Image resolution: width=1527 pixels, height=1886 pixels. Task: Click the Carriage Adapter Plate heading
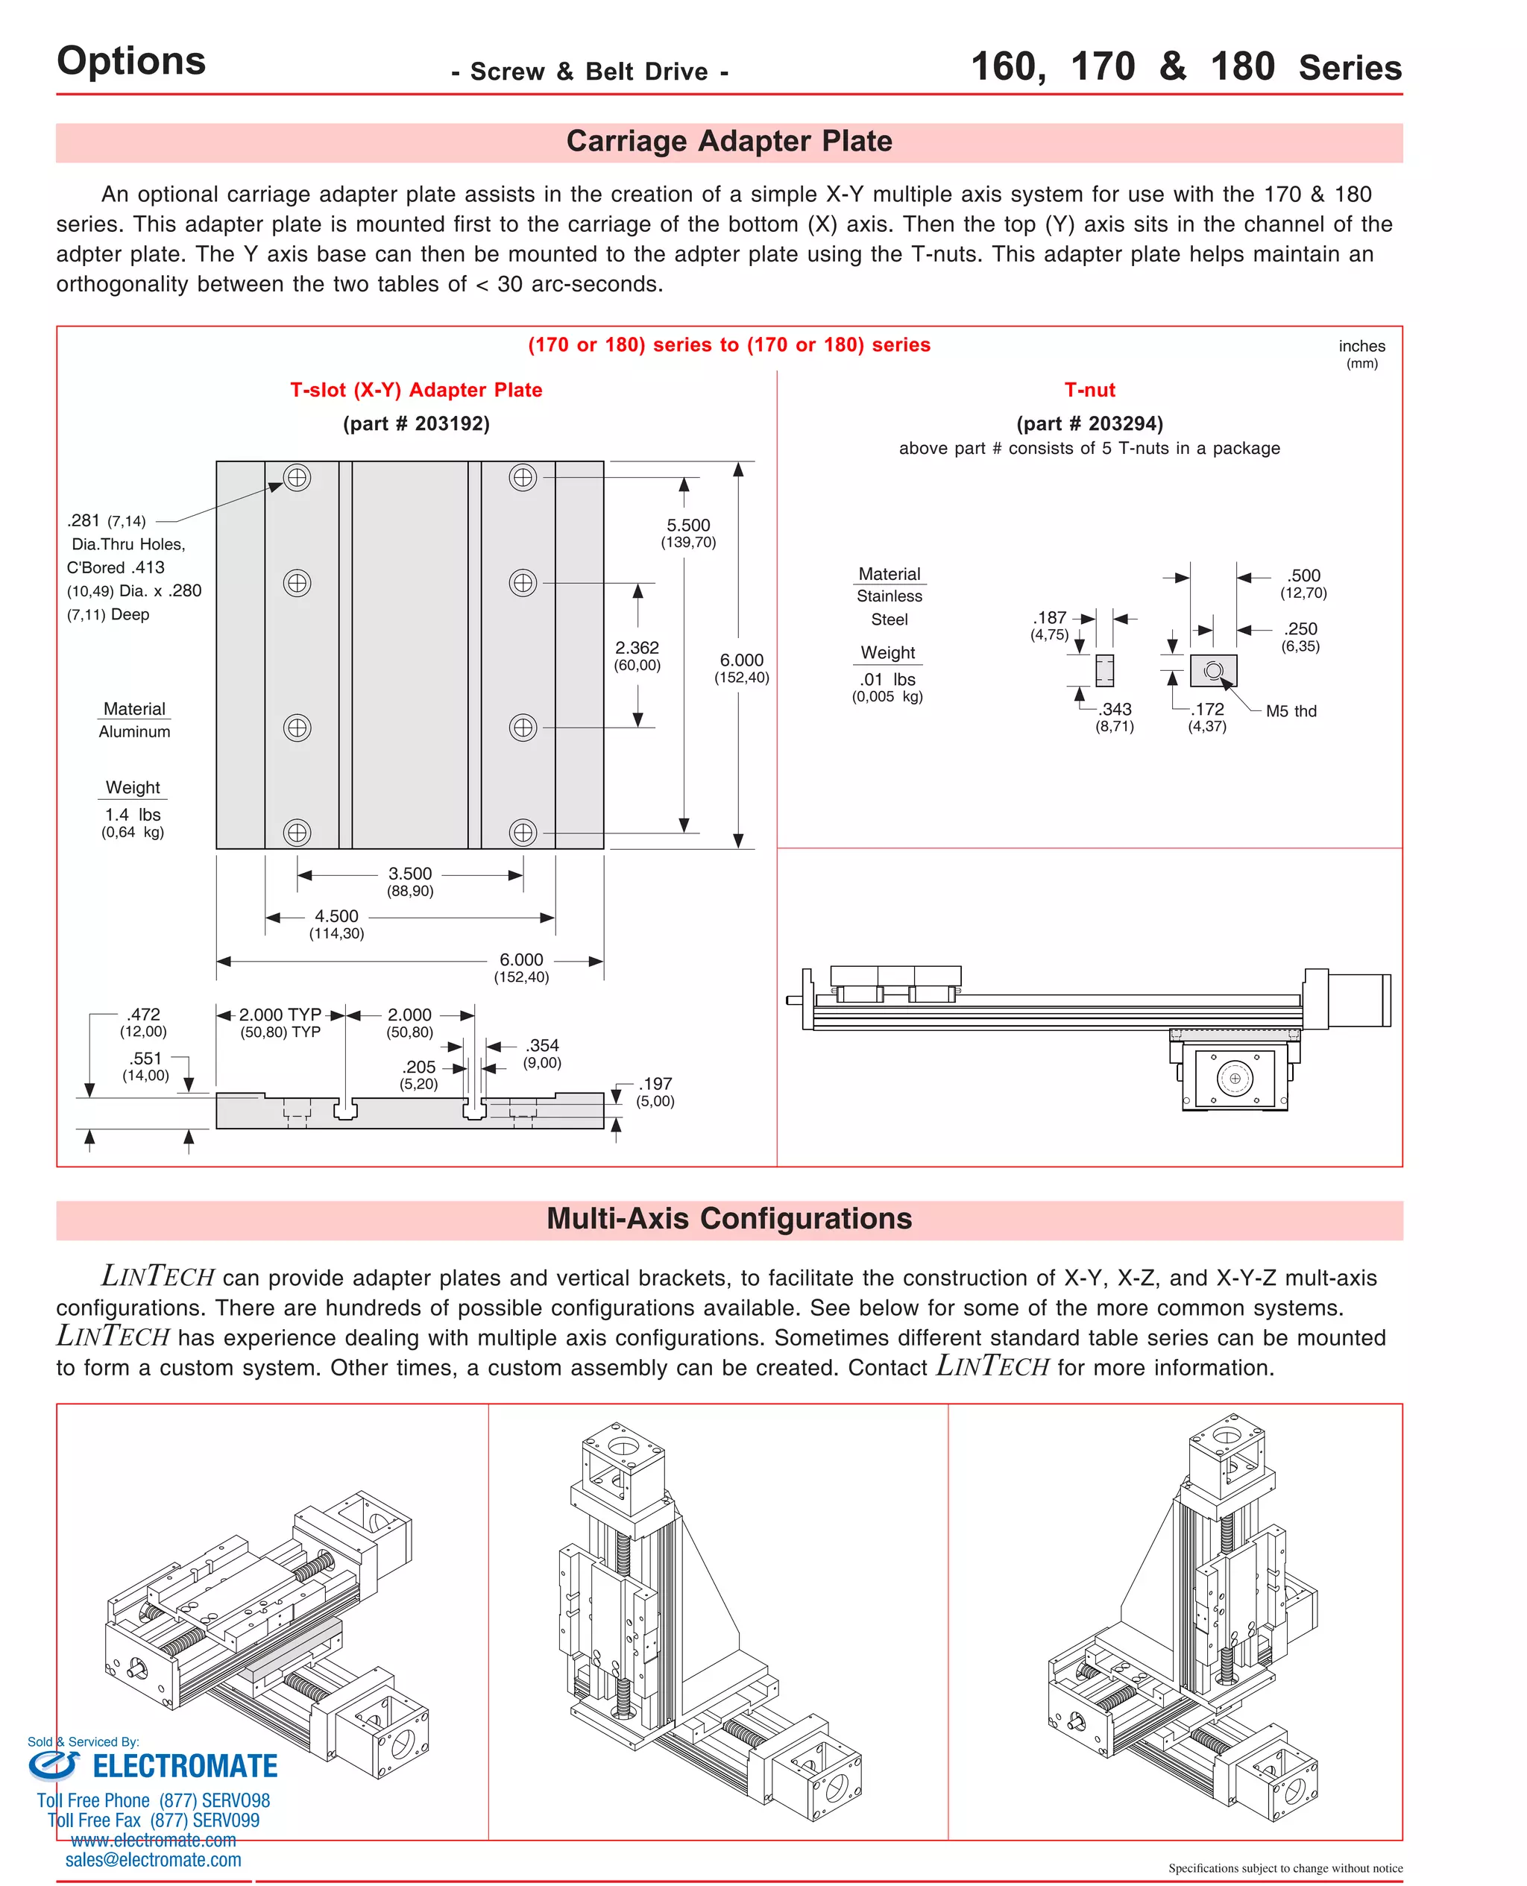pyautogui.click(x=728, y=141)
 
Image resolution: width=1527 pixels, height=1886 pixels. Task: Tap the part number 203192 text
pyautogui.click(x=416, y=424)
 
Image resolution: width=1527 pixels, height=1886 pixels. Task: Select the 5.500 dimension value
pyautogui.click(x=688, y=525)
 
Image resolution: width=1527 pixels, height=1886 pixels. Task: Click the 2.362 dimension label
pyautogui.click(x=637, y=647)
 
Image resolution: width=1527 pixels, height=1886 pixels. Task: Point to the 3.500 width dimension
pyautogui.click(x=410, y=873)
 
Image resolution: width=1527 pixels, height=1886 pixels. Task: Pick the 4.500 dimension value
pyautogui.click(x=336, y=916)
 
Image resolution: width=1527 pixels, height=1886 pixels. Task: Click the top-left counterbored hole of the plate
pyautogui.click(x=297, y=477)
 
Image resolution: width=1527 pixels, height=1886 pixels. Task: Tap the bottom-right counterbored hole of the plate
pyautogui.click(x=523, y=832)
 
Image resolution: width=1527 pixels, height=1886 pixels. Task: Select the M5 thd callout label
pyautogui.click(x=1291, y=711)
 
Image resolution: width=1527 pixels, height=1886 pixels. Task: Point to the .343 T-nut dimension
pyautogui.click(x=1115, y=710)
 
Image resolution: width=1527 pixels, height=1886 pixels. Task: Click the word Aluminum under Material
pyautogui.click(x=134, y=731)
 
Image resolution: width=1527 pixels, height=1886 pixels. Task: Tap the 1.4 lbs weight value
pyautogui.click(x=133, y=815)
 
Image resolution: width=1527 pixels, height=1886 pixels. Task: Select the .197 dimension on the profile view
pyautogui.click(x=655, y=1084)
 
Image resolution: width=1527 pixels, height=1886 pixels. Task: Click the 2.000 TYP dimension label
pyautogui.click(x=280, y=1015)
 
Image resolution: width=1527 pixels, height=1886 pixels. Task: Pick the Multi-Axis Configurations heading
pyautogui.click(x=728, y=1219)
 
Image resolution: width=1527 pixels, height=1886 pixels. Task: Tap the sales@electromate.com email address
pyautogui.click(x=153, y=1860)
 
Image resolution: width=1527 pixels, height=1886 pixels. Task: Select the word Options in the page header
pyautogui.click(x=131, y=60)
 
